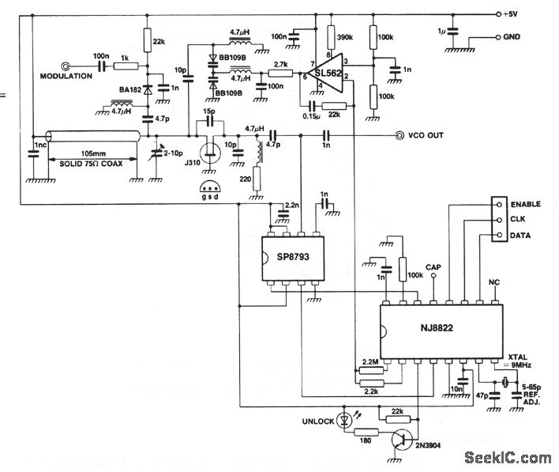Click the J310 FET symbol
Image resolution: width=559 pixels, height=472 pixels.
point(211,149)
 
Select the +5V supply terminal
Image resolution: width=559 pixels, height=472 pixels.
point(497,13)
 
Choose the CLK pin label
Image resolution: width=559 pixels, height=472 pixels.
point(520,220)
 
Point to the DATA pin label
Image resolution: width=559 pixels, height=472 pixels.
point(522,236)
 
